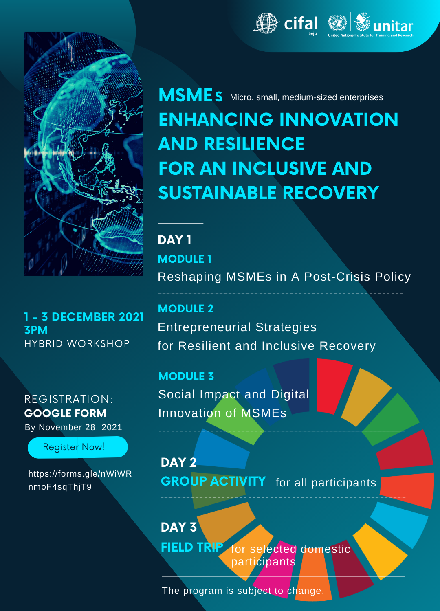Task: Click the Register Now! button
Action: (78, 447)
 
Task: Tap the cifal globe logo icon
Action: (266, 23)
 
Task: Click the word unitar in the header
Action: (393, 26)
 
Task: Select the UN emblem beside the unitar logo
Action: (337, 23)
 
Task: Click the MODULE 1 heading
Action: (185, 259)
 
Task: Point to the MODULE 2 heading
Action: (186, 308)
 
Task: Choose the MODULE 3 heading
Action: (186, 376)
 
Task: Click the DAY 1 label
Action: (174, 240)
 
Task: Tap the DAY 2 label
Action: (179, 462)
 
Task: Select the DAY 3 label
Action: (179, 527)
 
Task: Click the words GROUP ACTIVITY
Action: (213, 481)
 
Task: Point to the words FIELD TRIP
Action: (192, 547)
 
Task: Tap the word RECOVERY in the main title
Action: (331, 193)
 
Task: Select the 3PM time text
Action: (36, 330)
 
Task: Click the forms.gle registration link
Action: (80, 480)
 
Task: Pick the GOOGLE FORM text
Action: (65, 413)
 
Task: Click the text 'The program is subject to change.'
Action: (243, 591)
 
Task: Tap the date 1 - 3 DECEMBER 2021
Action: (84, 317)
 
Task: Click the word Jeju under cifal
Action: (313, 33)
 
